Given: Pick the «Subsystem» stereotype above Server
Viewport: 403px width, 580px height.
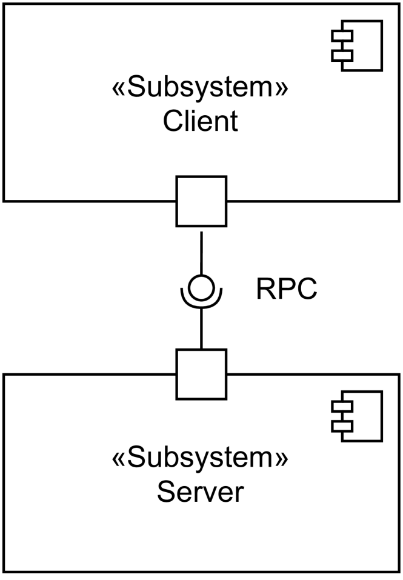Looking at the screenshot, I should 201,461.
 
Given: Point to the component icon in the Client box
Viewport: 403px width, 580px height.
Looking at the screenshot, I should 357,45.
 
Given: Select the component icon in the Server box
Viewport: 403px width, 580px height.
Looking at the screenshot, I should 357,416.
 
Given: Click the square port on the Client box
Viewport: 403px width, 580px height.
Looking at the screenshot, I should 201,201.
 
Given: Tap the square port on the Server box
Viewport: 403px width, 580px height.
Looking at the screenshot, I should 201,374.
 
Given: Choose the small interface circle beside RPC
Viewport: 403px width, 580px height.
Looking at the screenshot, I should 201,286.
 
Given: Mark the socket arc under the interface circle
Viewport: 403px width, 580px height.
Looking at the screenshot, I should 201,304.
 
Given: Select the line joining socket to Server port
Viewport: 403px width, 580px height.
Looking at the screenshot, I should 201,328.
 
